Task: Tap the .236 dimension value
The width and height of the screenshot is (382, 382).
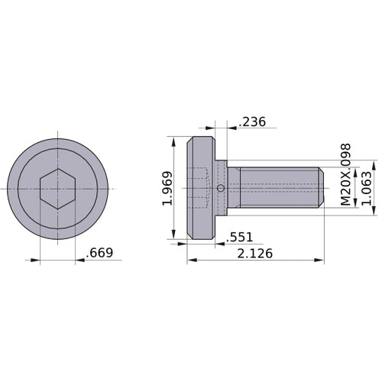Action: [x=253, y=121]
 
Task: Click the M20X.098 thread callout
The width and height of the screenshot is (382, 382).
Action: [x=345, y=173]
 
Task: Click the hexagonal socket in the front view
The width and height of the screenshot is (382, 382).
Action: [x=57, y=189]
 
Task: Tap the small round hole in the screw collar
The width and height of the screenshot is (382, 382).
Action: [x=221, y=189]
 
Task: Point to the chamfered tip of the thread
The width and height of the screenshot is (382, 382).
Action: [x=318, y=189]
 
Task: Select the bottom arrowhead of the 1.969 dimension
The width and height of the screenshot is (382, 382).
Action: [x=175, y=235]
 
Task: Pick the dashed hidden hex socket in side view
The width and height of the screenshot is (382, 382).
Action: [x=202, y=188]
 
